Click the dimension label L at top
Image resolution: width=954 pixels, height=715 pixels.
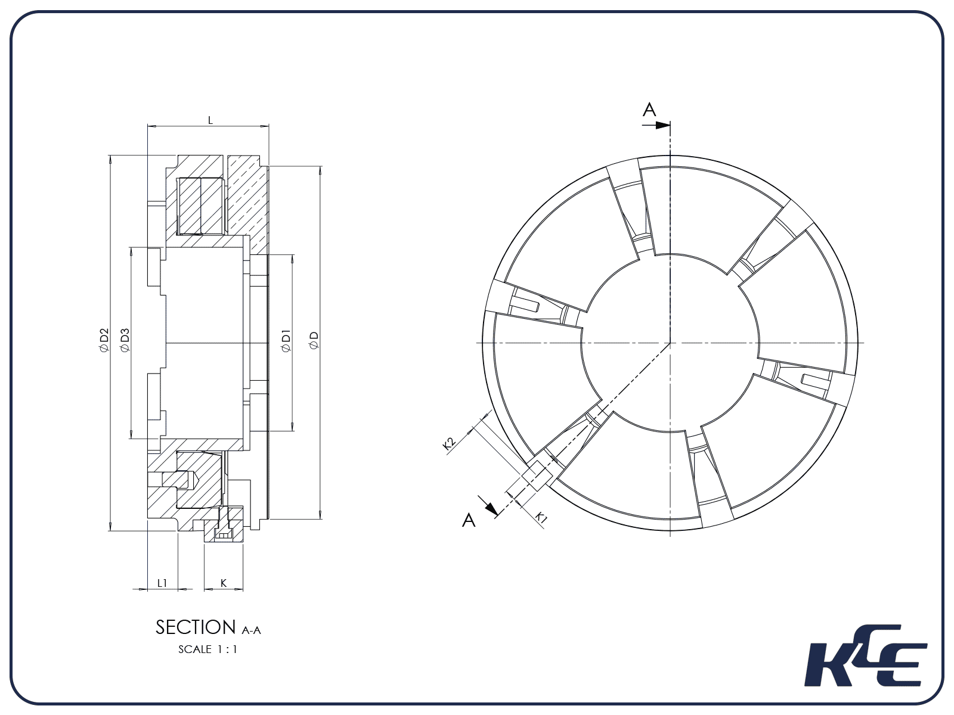[210, 120]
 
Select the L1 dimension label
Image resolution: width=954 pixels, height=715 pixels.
[162, 583]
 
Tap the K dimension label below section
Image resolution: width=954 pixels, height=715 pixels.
[224, 583]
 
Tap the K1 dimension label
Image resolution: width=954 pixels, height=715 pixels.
[540, 517]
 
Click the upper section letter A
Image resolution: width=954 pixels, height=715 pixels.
[649, 110]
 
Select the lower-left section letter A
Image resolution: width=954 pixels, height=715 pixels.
[469, 520]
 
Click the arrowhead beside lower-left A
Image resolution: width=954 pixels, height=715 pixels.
[491, 508]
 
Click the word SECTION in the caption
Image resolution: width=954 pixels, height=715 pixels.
[196, 627]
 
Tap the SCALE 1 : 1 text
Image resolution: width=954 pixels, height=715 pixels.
[208, 649]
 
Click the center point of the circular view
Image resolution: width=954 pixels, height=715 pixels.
[670, 343]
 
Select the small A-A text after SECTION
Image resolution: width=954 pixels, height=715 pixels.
[252, 630]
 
